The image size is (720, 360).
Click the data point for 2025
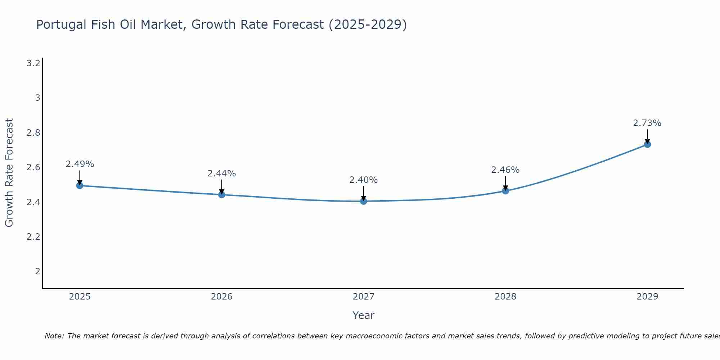coord(80,185)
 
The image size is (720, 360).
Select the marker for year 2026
coord(222,194)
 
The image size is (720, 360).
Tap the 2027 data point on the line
coord(364,201)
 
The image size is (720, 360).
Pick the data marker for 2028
coord(505,190)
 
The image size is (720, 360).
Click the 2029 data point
coord(647,144)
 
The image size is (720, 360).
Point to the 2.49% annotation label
coord(80,164)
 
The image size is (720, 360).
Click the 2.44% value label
coord(222,174)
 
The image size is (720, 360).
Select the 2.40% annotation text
coord(364,180)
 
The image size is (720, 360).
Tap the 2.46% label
coord(505,170)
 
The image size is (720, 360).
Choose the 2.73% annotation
coord(647,123)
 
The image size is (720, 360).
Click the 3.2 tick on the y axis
coord(33,63)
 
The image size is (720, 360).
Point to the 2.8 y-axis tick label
coord(33,133)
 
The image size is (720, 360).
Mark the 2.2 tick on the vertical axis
coord(33,237)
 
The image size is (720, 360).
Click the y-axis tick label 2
coord(37,271)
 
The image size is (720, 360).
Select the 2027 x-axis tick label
coord(364,297)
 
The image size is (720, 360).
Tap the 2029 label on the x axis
coord(647,297)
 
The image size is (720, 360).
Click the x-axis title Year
coord(364,315)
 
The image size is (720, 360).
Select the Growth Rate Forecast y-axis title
coord(9,173)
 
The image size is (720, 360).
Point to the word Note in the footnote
coord(54,336)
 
